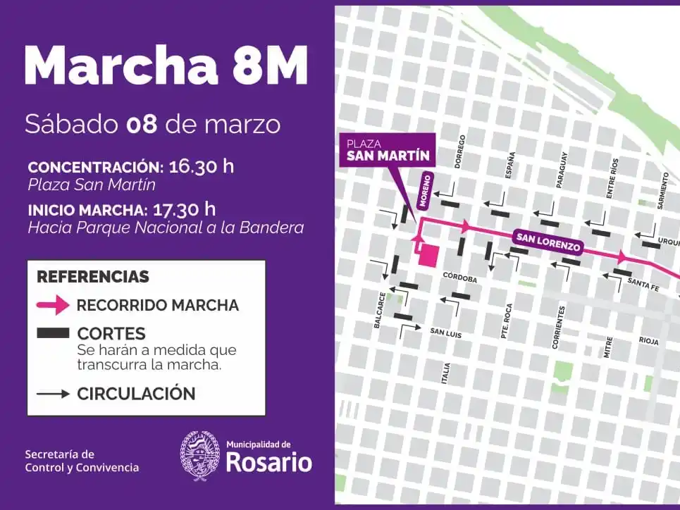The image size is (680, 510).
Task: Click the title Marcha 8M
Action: click(166, 66)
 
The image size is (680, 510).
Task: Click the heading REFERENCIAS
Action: click(93, 277)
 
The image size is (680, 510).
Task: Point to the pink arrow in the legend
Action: click(53, 305)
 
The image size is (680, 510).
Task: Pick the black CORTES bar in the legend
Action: click(53, 332)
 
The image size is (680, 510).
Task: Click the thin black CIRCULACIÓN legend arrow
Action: click(53, 394)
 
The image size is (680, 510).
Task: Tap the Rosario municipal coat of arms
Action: click(199, 456)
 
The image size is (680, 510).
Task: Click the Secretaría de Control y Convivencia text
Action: click(82, 461)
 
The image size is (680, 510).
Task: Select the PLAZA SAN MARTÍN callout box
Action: click(384, 149)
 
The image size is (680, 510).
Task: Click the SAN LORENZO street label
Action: click(548, 242)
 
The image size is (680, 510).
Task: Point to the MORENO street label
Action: click(426, 190)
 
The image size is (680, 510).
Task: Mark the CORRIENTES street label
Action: click(560, 327)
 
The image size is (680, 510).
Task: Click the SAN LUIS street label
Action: click(445, 333)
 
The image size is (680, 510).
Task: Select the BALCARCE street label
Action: click(381, 310)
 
